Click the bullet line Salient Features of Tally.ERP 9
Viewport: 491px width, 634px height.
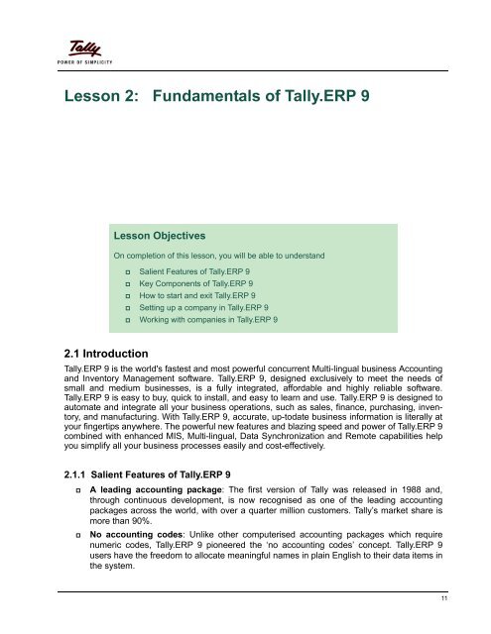coord(194,270)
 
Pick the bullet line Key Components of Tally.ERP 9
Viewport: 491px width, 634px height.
coord(194,283)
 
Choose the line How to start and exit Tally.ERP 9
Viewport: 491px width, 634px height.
coord(197,295)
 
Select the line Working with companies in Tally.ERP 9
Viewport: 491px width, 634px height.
coord(208,321)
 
